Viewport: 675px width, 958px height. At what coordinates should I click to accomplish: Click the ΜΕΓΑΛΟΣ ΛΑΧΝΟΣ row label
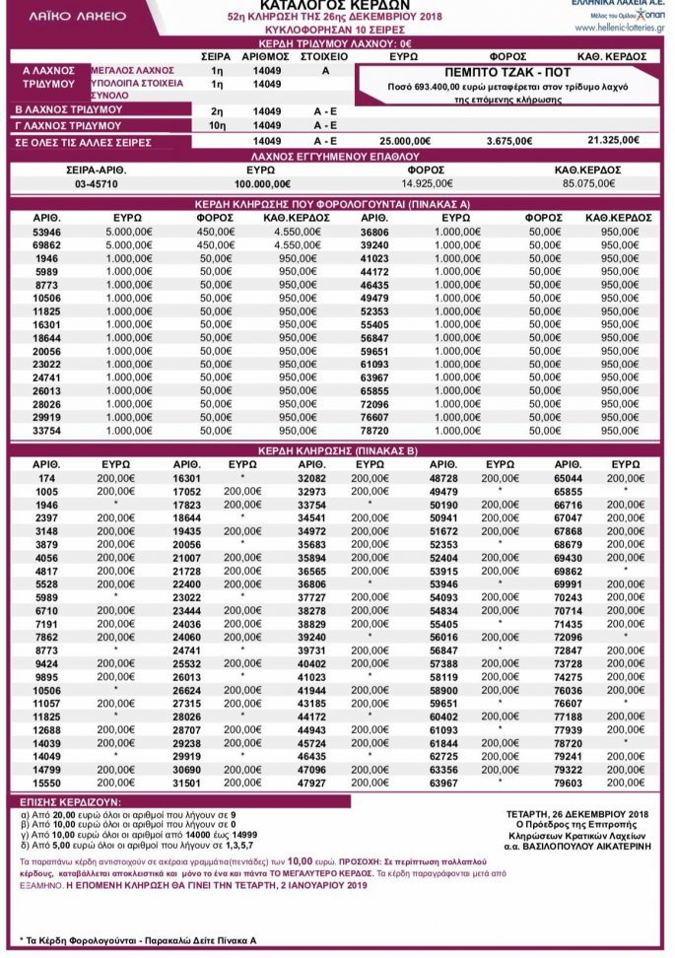click(132, 71)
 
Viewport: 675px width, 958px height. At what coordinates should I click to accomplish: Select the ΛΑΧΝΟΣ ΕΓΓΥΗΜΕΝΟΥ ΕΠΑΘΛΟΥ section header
click(336, 156)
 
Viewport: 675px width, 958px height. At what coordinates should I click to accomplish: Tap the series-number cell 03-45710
click(67, 183)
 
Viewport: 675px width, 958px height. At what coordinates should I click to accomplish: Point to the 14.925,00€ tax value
click(427, 183)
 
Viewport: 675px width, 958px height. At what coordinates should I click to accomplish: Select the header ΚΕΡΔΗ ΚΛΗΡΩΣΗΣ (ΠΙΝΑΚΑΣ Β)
click(336, 450)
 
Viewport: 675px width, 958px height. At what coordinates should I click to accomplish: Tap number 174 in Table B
click(47, 477)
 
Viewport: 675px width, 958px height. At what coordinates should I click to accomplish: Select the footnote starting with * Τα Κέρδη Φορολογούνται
click(138, 941)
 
